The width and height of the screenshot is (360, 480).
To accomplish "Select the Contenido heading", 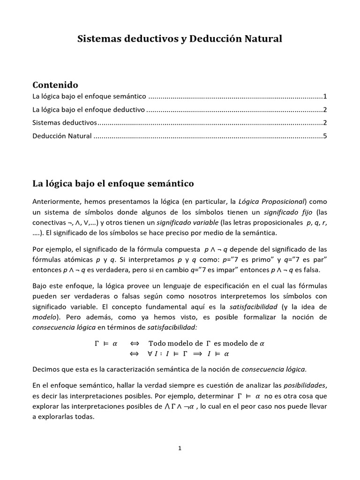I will click(x=55, y=85).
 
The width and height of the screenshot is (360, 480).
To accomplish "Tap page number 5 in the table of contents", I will click(x=324, y=137).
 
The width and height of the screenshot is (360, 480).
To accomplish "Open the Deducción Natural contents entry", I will click(x=62, y=137).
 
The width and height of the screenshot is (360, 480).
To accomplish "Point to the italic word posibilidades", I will click(x=305, y=385).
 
